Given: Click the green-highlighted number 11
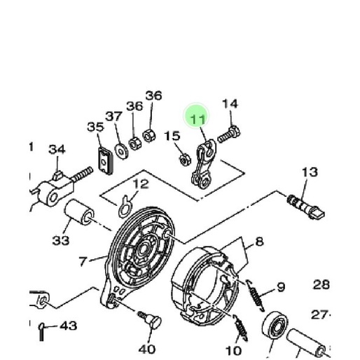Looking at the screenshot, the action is point(198,119).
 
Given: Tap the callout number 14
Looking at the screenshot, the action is point(230,104).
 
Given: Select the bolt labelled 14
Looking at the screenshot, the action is point(229,134).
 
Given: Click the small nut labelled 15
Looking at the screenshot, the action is point(185,160).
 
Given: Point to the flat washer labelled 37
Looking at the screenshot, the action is point(121,152).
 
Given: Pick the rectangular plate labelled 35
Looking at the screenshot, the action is point(105,161).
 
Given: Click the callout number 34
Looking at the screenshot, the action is point(57,149).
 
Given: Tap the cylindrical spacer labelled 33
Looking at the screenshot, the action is point(79,212).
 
